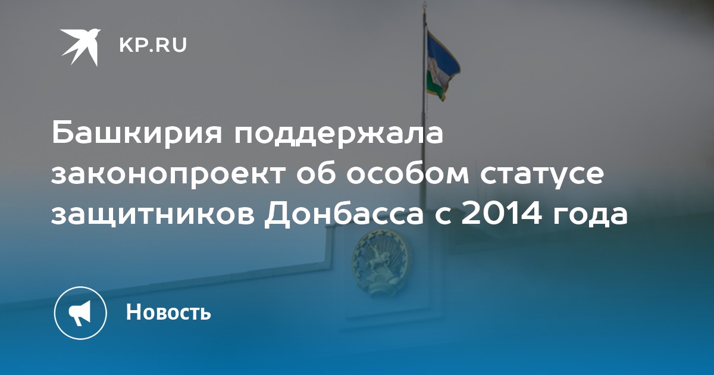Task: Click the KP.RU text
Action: (x=153, y=45)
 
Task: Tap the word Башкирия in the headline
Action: (x=136, y=133)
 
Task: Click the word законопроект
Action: (x=168, y=175)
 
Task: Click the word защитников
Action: (x=153, y=217)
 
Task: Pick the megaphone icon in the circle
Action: (x=80, y=313)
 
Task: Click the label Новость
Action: (x=168, y=311)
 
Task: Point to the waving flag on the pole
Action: (x=443, y=65)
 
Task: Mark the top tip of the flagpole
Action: (x=424, y=2)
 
